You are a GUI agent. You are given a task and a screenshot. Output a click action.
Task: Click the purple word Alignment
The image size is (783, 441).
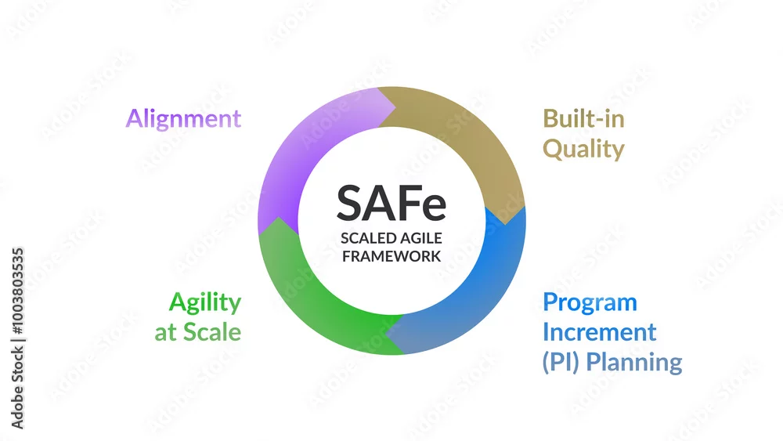(x=183, y=119)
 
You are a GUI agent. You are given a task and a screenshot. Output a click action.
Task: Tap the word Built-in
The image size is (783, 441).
(x=583, y=119)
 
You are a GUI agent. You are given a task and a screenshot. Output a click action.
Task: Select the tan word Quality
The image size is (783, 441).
(x=583, y=150)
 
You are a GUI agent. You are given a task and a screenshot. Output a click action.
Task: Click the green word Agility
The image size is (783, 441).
(x=205, y=302)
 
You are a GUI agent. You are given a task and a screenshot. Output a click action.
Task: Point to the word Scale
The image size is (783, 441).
(x=212, y=332)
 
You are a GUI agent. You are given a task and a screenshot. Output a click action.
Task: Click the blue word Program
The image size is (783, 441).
(x=590, y=303)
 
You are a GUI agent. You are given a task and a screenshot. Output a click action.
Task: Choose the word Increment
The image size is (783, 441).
(x=599, y=332)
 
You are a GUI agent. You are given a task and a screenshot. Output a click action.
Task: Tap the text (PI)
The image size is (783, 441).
(x=561, y=362)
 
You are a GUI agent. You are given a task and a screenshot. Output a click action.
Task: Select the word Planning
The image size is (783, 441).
(x=634, y=363)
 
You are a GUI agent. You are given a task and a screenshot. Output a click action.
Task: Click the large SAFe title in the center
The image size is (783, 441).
(x=391, y=204)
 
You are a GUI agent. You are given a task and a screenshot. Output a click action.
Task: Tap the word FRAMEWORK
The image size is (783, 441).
(x=391, y=256)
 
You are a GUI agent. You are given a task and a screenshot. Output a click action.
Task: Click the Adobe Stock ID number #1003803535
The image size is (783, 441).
(x=17, y=291)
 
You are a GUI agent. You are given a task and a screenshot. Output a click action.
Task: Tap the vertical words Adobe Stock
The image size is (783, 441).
(x=17, y=388)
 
